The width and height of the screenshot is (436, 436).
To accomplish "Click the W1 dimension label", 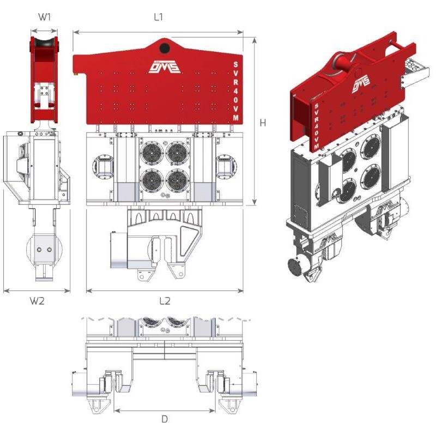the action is click(x=44, y=17).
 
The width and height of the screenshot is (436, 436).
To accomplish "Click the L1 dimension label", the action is click(x=158, y=17).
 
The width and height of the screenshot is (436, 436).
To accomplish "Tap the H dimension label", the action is click(x=263, y=123).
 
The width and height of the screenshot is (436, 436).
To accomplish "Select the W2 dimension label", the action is click(x=37, y=301).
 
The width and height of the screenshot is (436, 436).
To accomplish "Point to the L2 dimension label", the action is click(x=165, y=301).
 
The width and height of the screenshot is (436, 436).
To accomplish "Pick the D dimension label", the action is click(x=165, y=419).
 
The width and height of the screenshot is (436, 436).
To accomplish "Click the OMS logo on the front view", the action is click(x=165, y=67).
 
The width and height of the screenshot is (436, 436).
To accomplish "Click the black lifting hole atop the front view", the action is click(x=165, y=49).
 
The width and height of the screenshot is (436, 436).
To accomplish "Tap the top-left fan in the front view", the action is click(x=152, y=153).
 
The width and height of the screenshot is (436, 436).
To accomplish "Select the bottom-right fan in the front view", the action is click(x=178, y=180).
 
